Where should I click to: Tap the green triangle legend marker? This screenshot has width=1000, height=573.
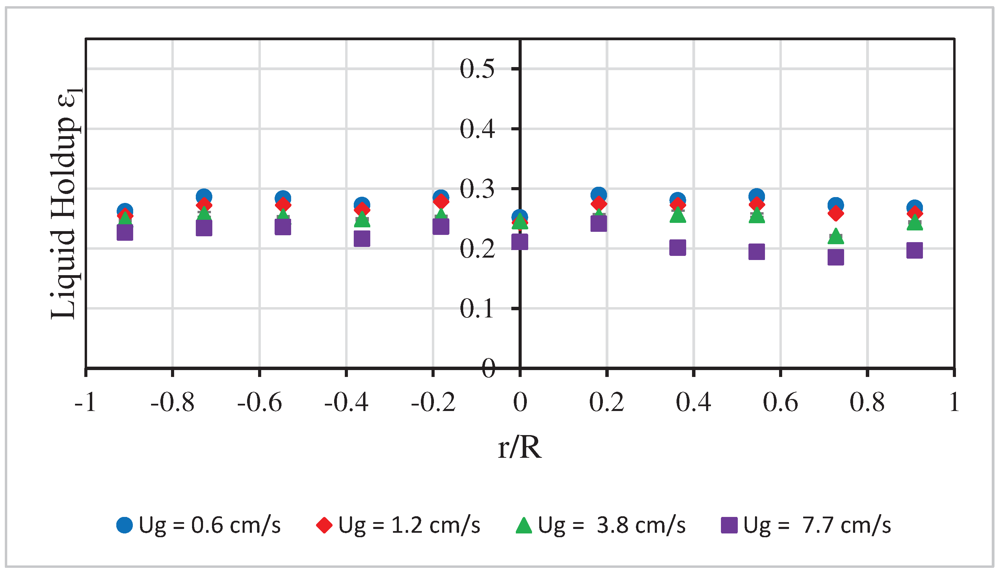(524, 526)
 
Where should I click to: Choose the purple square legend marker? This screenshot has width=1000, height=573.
(729, 526)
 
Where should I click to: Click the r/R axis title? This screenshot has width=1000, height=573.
(520, 448)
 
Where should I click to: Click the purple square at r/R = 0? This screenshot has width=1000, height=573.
(520, 242)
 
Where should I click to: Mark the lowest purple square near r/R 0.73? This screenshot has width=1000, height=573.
(836, 257)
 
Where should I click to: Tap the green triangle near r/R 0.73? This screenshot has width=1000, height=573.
(836, 237)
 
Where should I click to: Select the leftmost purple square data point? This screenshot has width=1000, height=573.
(125, 232)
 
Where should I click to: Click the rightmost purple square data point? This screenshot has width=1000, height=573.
(914, 250)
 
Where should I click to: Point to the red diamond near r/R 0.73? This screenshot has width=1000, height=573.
(836, 214)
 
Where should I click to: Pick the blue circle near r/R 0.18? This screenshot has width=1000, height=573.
(598, 194)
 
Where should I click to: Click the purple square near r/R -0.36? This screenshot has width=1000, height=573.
(362, 238)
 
